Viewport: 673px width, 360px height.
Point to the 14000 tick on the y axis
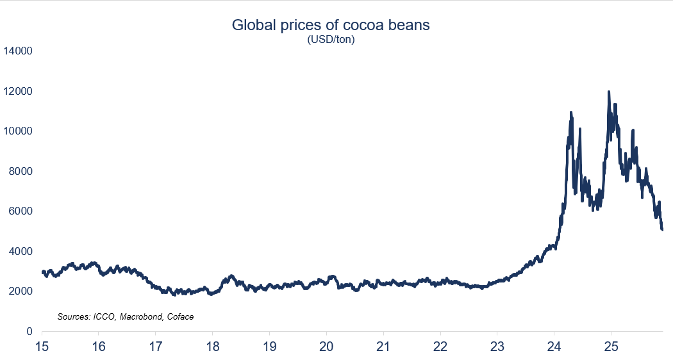(x=19, y=51)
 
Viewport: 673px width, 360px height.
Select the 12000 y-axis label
(x=19, y=91)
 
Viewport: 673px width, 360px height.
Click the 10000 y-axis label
(x=19, y=131)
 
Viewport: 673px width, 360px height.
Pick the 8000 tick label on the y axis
(x=21, y=171)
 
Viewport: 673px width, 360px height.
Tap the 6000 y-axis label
(x=21, y=211)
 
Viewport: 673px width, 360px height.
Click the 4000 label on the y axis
(x=21, y=251)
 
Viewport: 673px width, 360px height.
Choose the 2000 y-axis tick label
(x=21, y=291)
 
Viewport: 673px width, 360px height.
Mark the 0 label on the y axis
(x=29, y=331)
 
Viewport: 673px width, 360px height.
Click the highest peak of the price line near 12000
(x=608, y=92)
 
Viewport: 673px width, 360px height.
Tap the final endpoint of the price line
(x=662, y=229)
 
